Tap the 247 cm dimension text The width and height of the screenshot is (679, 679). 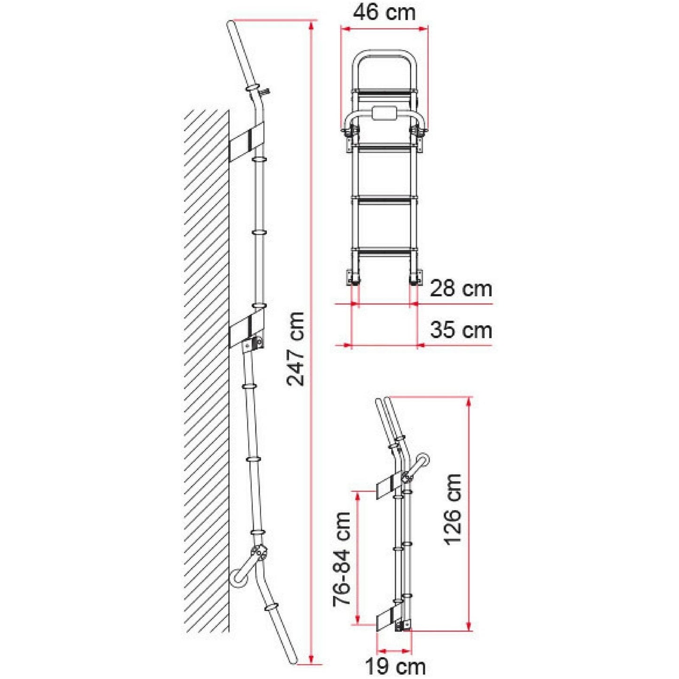click(x=296, y=348)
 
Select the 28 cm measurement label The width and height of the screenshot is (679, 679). click(x=460, y=289)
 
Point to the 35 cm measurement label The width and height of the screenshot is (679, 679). click(x=460, y=330)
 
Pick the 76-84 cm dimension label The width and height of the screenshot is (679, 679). click(x=342, y=559)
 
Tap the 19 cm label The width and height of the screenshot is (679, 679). click(x=395, y=666)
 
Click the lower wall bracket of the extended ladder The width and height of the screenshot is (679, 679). click(x=247, y=329)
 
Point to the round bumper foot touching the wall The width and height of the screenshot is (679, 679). click(x=238, y=576)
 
